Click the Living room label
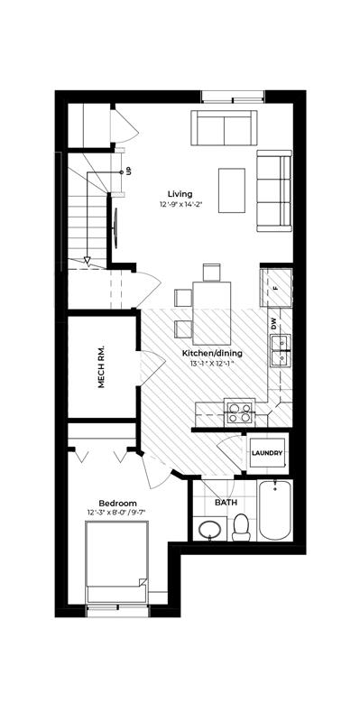point(180,194)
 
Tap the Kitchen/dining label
point(212,354)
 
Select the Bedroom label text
point(118,504)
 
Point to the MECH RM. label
point(101,366)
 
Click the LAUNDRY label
point(267,453)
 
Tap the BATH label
point(226,503)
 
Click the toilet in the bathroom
point(241,527)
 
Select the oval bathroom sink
point(210,529)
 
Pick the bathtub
point(275,510)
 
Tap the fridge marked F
point(276,288)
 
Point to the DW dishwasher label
point(275,325)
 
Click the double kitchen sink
point(281,351)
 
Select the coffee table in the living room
point(232,190)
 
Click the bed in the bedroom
point(117,561)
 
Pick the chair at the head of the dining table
point(212,273)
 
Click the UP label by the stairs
point(128,171)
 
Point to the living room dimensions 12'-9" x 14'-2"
point(182,203)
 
